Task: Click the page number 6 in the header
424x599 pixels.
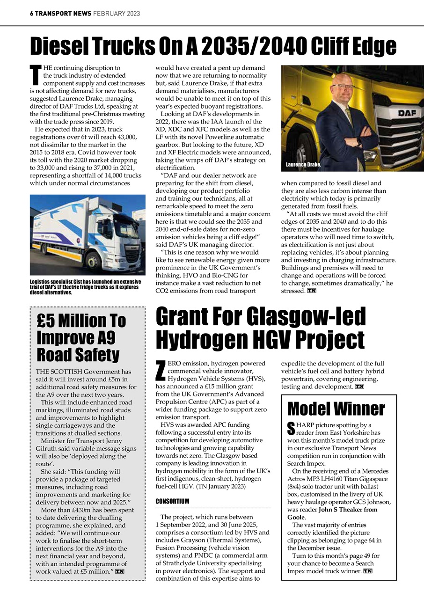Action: click(x=32, y=14)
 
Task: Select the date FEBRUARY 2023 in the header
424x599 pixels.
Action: click(x=117, y=14)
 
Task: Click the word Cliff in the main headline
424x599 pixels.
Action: click(x=334, y=47)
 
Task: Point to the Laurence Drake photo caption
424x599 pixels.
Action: click(x=303, y=165)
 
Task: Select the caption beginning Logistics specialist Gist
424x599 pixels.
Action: click(x=84, y=287)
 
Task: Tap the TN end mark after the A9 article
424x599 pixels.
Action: click(x=120, y=571)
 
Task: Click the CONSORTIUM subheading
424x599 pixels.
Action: click(x=172, y=501)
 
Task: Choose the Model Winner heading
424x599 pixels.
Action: click(x=336, y=409)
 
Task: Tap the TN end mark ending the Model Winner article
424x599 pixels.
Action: click(x=367, y=571)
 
